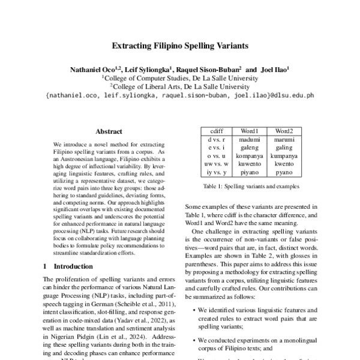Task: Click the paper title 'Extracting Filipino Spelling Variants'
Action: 179,45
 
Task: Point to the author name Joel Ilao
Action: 275,70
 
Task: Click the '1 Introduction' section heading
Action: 69,265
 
